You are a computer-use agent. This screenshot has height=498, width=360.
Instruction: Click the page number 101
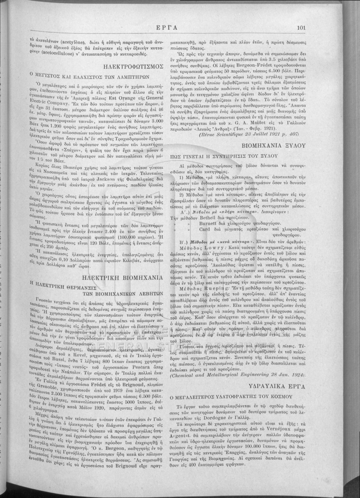[x=301, y=28]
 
